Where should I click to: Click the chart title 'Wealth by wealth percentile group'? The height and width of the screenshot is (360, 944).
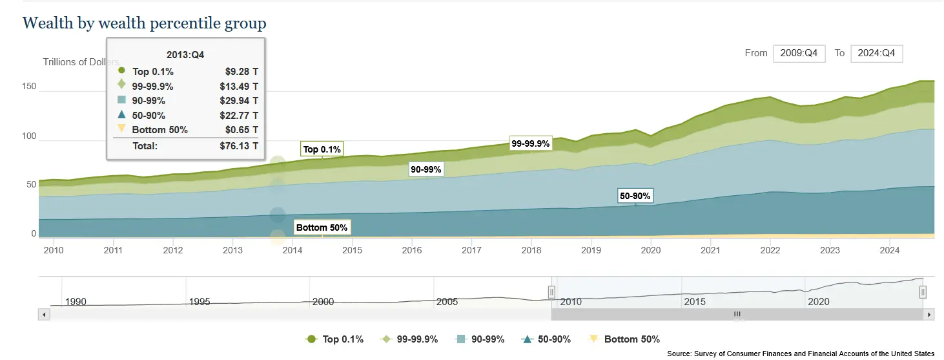[x=144, y=24]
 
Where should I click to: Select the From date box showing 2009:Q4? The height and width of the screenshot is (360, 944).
[x=799, y=54]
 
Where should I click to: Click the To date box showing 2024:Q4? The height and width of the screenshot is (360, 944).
[x=876, y=54]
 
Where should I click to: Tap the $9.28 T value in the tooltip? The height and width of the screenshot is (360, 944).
[x=239, y=72]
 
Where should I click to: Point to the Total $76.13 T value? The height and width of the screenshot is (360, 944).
[x=239, y=146]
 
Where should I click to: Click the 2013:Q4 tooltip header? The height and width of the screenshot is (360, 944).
[x=185, y=55]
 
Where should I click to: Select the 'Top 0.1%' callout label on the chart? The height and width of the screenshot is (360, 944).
[x=322, y=149]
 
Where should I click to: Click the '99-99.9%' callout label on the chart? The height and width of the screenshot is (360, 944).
[x=530, y=144]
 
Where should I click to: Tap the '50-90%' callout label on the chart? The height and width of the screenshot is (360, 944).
[x=635, y=196]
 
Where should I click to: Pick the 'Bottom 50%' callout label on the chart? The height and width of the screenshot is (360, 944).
[x=322, y=228]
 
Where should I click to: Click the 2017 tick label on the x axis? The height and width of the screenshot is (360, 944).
[x=471, y=250]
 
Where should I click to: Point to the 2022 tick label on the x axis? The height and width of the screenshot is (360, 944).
[x=770, y=250]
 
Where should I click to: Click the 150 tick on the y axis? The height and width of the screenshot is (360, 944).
[x=29, y=87]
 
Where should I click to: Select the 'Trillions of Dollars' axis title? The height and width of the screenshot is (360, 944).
[x=81, y=62]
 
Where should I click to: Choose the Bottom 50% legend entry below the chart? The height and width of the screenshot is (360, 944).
[x=624, y=339]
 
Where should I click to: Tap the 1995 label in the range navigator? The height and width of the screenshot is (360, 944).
[x=199, y=302]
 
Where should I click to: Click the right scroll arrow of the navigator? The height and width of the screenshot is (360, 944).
[x=929, y=315]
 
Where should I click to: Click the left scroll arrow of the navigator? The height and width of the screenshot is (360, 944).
[x=44, y=315]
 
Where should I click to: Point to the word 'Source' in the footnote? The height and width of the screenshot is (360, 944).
[x=679, y=354]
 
